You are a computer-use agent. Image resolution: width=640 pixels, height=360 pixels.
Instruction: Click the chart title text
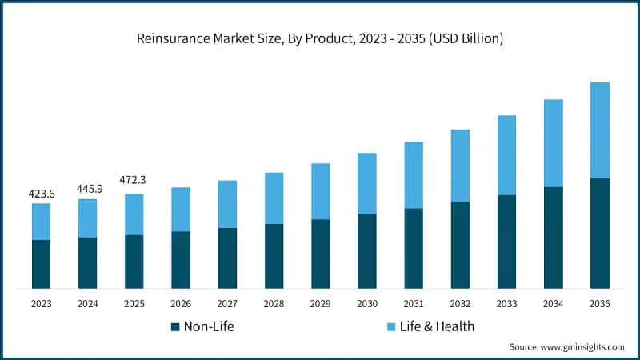[x=320, y=38]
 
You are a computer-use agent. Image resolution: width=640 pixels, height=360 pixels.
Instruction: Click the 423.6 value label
[x=41, y=193]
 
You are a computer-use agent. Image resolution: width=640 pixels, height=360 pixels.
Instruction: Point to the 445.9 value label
[x=87, y=188]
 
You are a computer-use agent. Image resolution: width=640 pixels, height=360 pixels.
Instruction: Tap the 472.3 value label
[x=134, y=180]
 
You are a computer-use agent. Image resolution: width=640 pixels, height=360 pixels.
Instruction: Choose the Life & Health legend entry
[x=431, y=326]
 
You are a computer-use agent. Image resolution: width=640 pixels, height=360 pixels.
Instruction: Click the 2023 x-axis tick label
[x=41, y=303]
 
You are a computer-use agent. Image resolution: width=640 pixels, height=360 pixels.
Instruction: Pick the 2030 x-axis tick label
[x=366, y=303]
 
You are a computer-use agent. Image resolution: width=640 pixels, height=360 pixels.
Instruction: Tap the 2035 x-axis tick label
[x=599, y=303]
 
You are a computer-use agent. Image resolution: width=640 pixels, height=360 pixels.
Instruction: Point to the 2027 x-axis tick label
[x=227, y=303]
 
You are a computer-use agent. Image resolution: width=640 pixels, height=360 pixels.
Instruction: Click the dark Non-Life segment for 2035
[x=599, y=233]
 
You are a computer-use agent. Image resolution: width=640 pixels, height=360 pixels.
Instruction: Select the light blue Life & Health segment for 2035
[x=599, y=130]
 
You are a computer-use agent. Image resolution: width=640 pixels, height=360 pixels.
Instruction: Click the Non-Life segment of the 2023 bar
[x=41, y=264]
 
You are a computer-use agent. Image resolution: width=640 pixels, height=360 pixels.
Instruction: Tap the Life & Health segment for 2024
[x=87, y=218]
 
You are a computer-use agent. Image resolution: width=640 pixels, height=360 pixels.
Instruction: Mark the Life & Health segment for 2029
[x=320, y=191]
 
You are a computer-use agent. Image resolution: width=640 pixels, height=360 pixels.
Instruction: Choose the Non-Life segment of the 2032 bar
[x=460, y=245]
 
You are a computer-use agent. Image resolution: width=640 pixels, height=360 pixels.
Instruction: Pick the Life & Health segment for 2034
[x=553, y=143]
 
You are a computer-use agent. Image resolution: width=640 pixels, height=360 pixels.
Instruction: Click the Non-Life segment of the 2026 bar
[x=181, y=260]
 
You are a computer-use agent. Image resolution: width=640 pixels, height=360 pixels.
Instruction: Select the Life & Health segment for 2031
[x=413, y=175]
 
